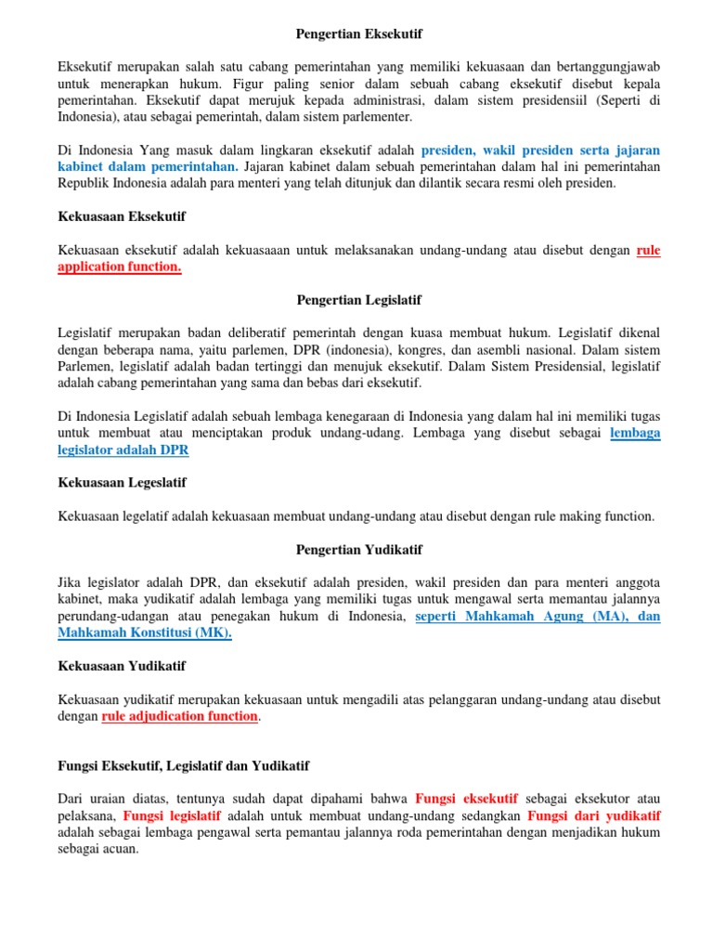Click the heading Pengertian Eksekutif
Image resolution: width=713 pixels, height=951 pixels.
358,33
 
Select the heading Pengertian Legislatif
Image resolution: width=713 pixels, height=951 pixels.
358,300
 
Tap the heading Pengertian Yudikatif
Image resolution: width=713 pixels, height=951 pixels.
358,550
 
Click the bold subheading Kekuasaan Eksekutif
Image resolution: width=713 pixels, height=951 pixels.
122,216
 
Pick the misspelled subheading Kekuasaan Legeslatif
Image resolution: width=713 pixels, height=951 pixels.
122,482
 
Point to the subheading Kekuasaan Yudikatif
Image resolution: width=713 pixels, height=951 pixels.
122,666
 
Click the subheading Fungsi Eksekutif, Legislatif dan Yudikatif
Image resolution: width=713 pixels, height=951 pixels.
184,765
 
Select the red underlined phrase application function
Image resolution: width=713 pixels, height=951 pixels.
120,267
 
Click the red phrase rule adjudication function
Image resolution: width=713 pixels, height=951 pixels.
179,716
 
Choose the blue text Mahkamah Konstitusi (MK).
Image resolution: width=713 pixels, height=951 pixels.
145,632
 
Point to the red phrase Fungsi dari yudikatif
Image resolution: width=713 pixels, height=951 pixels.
593,815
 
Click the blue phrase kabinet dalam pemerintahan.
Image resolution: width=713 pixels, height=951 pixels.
148,166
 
